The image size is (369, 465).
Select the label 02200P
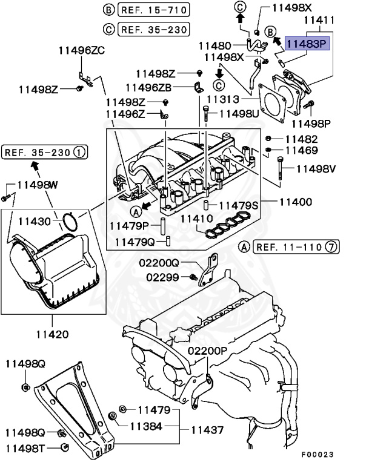207,351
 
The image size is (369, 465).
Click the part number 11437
208,430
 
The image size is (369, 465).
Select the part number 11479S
238,206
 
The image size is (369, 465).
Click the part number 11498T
26,449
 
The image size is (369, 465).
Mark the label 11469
302,150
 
